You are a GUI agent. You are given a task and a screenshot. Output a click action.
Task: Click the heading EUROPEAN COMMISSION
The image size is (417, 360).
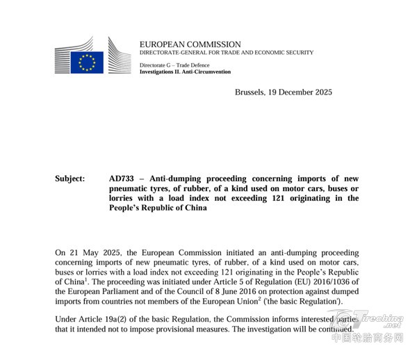(x=190, y=44)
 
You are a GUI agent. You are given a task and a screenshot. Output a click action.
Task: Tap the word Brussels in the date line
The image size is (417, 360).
(x=251, y=92)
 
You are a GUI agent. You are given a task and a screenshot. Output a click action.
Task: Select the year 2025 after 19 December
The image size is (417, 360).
(x=320, y=92)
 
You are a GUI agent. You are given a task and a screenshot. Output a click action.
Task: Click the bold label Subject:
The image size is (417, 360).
(x=69, y=179)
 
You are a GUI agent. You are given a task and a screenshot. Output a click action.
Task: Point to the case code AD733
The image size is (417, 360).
(x=122, y=179)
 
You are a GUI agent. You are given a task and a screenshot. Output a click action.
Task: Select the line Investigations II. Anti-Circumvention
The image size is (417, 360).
(x=185, y=72)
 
